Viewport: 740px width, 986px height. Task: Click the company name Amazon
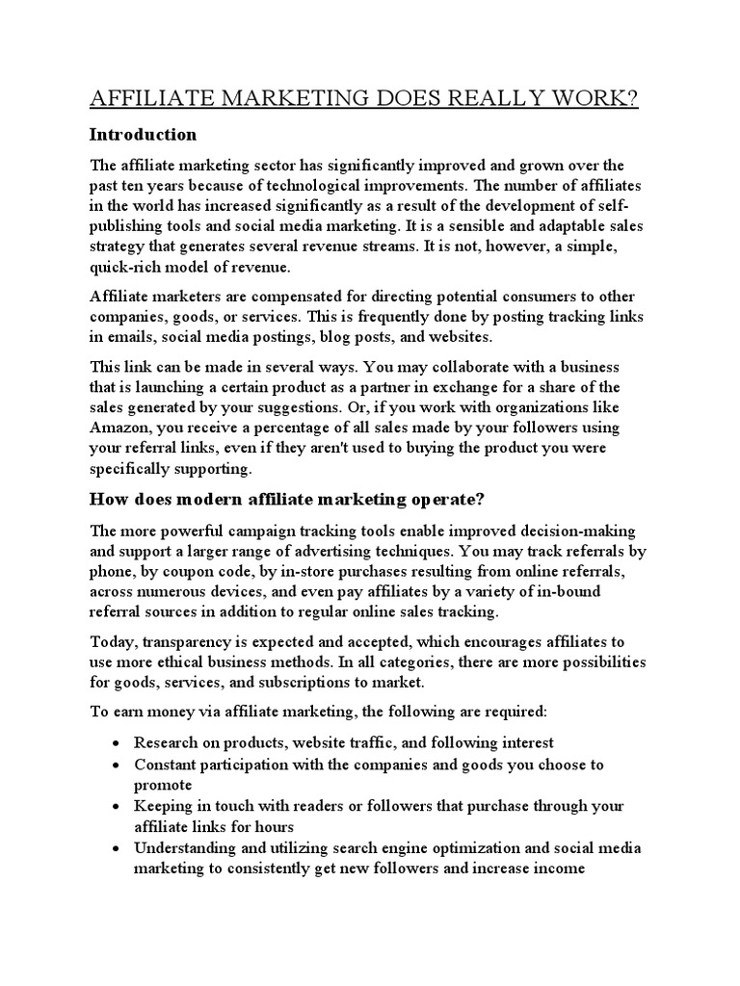click(x=119, y=428)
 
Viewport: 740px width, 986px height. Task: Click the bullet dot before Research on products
click(x=115, y=744)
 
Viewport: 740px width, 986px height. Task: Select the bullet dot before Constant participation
click(x=115, y=765)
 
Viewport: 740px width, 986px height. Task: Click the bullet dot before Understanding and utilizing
click(x=115, y=848)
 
